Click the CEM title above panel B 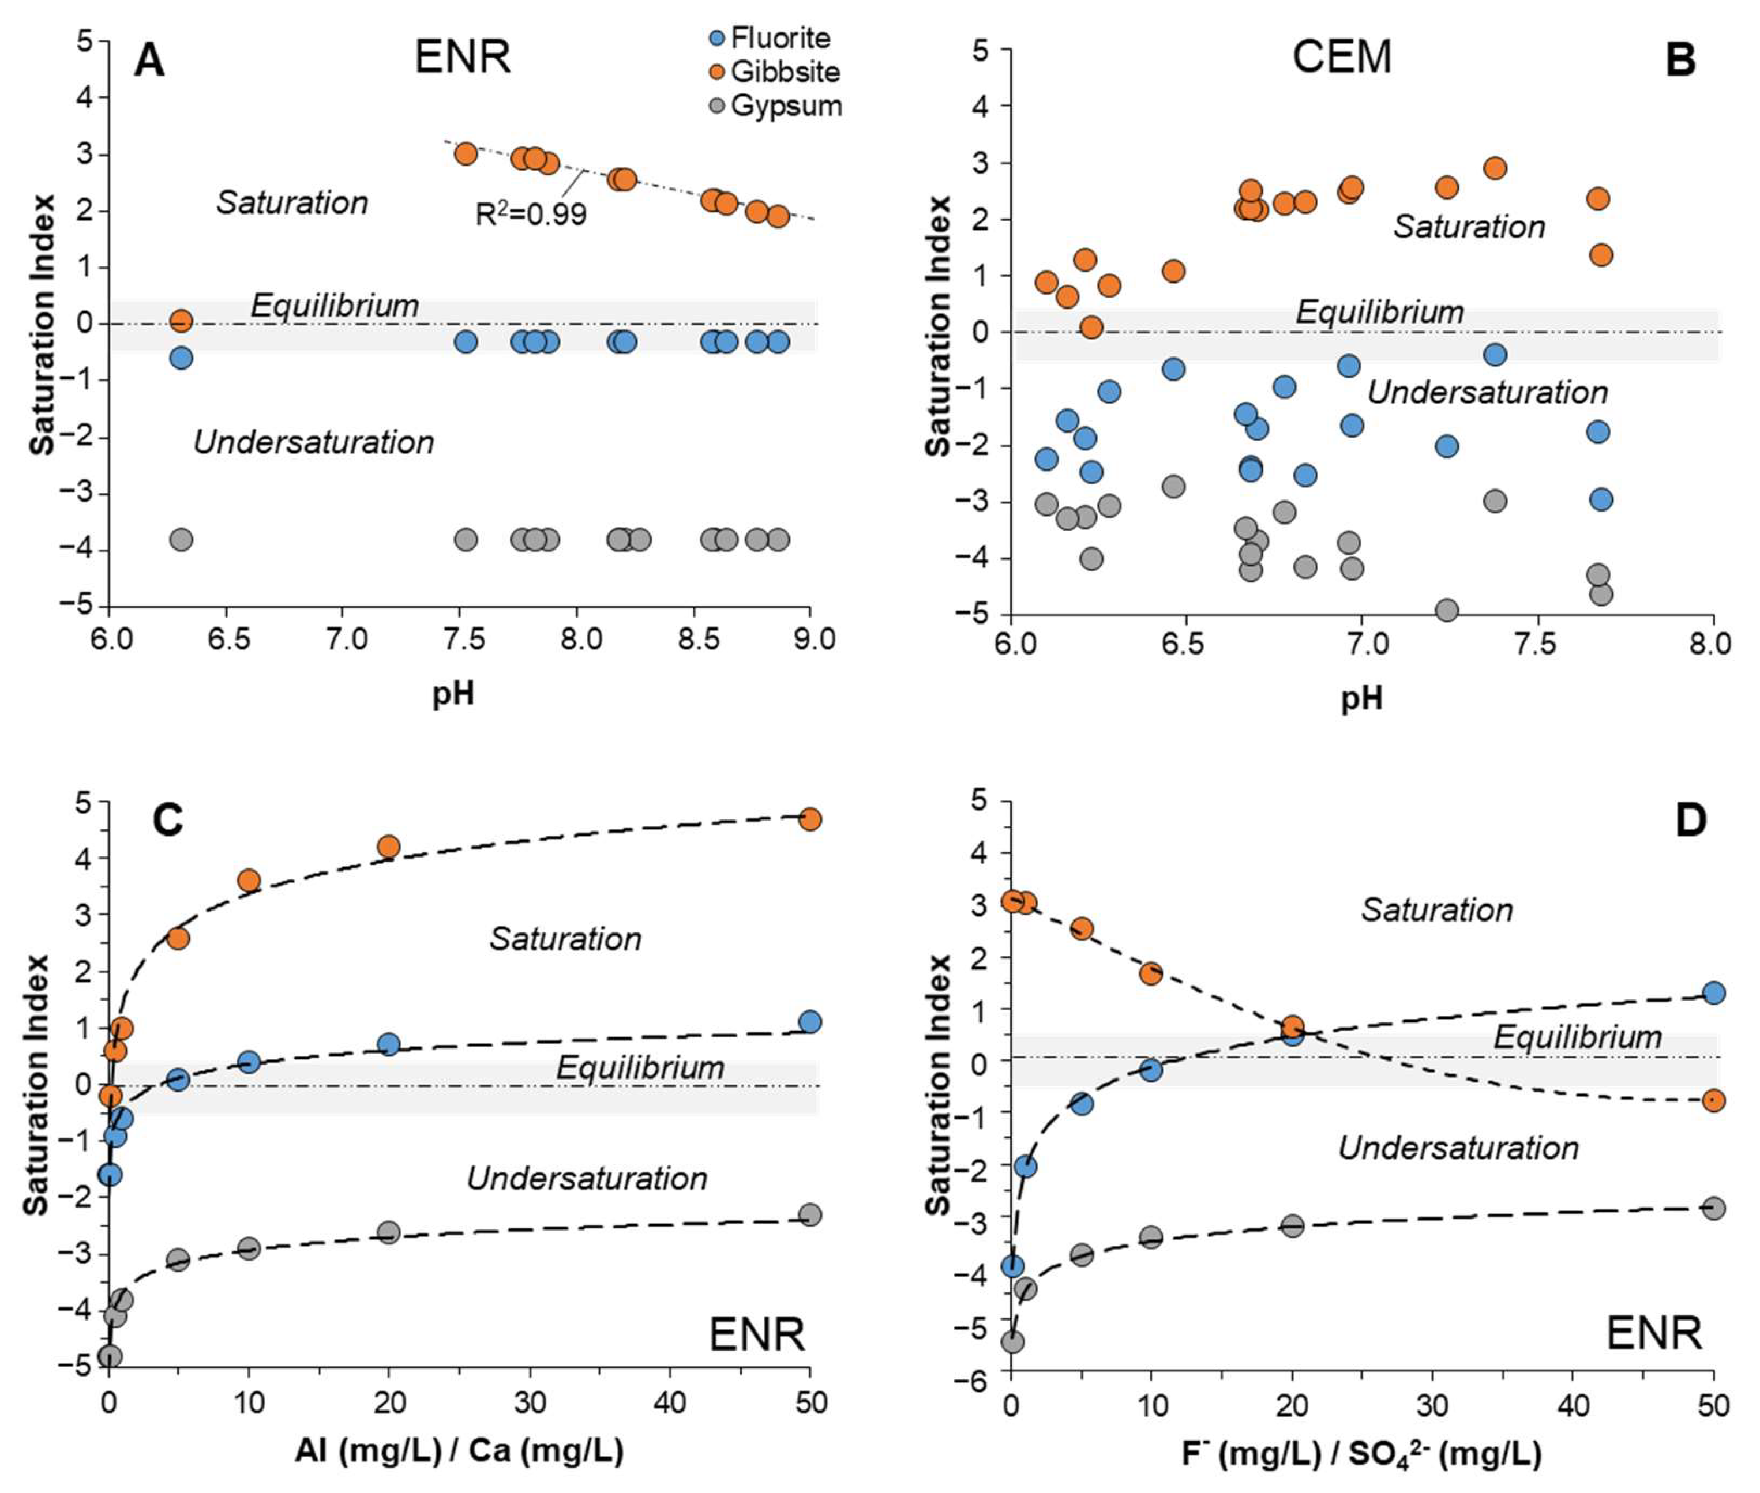(x=1341, y=58)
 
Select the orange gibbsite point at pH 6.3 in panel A (x=181, y=321)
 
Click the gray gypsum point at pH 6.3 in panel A (x=181, y=539)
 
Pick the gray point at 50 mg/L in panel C (x=810, y=1214)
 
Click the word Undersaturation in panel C (x=587, y=1178)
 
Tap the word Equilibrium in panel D (x=1577, y=1037)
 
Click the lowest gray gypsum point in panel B (x=1447, y=610)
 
